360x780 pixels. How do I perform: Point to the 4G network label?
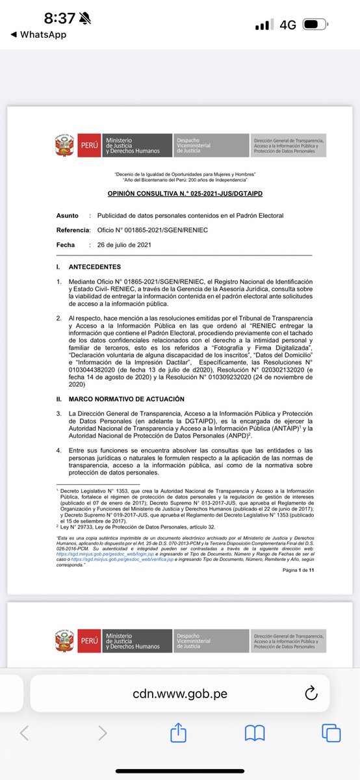tap(288, 25)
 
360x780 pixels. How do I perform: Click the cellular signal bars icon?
tap(263, 25)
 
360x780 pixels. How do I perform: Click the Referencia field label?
tap(72, 230)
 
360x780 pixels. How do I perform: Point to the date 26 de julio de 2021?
tap(124, 244)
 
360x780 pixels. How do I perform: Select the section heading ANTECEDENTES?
tap(96, 267)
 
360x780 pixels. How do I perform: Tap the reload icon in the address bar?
tap(310, 693)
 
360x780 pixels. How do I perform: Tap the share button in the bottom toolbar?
tap(177, 733)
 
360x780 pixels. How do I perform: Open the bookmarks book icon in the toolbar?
tap(254, 733)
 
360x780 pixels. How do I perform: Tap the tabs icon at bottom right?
tap(331, 733)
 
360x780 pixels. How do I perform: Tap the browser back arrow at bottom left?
tap(25, 733)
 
